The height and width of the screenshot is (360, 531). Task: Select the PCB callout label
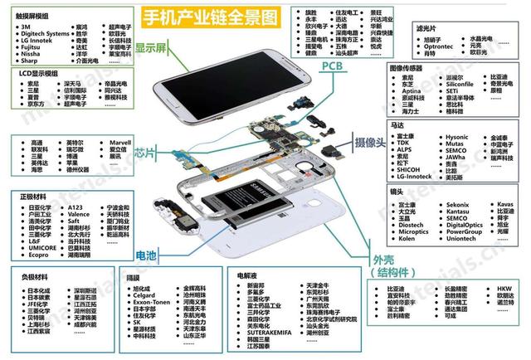333,66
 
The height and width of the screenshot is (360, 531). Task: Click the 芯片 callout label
145,153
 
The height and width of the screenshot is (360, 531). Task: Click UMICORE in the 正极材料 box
43,247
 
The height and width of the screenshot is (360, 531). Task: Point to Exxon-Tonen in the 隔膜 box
153,303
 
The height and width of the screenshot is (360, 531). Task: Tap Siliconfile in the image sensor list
460,85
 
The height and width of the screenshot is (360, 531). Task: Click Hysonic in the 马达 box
456,137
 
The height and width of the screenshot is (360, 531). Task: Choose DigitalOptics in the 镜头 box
465,225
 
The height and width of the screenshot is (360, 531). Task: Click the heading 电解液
247,275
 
